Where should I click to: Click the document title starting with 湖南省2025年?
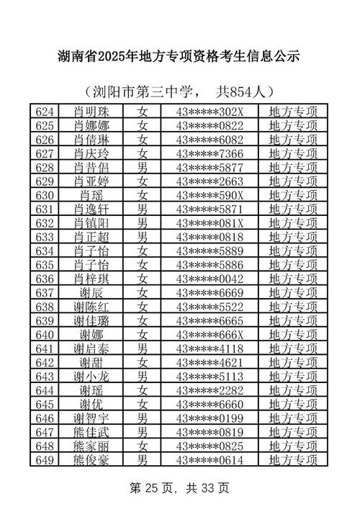tap(179, 55)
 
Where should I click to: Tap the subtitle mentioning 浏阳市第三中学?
tap(179, 92)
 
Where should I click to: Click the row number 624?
tap(45, 112)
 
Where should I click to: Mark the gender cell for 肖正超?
tap(143, 237)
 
